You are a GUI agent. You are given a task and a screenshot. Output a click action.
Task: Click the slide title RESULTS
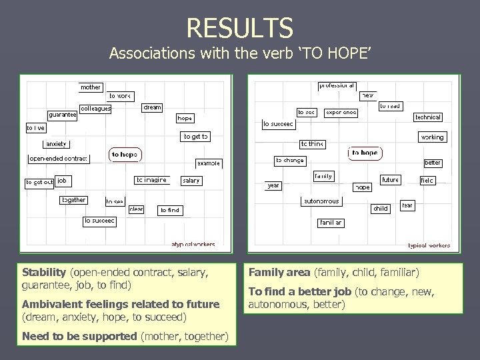coord(240,27)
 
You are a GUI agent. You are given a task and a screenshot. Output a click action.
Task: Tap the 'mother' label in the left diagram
coord(91,87)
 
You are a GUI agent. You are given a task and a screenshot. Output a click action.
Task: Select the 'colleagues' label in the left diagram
coord(95,108)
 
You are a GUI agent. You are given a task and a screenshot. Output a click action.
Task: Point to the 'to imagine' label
coord(151,180)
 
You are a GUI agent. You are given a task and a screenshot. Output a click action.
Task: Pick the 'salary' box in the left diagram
coord(191,180)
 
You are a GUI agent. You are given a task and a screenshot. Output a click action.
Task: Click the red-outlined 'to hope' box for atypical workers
coord(125,155)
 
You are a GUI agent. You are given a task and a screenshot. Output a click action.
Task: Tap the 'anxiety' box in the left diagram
coord(56,144)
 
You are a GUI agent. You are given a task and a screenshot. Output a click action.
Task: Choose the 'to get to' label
coord(196,137)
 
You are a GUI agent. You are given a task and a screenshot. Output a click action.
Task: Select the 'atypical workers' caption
coord(193,245)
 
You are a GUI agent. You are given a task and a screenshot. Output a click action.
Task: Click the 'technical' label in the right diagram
coord(428,117)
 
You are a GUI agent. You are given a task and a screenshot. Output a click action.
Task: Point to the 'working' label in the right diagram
coord(432,137)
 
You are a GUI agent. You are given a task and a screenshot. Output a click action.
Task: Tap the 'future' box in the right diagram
coord(391,180)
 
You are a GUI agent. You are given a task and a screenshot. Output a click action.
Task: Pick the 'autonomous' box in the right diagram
coord(321,201)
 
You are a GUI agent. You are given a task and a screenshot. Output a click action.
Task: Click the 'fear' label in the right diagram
coord(407,205)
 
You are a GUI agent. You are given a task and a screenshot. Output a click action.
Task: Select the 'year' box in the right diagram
coord(273,185)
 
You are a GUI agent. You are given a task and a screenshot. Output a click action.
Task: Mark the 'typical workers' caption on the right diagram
coord(429,245)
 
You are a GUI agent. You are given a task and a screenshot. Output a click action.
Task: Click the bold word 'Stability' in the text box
coord(43,272)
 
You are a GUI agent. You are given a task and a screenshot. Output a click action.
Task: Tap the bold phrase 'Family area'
coord(279,272)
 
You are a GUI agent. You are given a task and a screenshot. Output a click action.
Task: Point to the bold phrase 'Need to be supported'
coord(79,336)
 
